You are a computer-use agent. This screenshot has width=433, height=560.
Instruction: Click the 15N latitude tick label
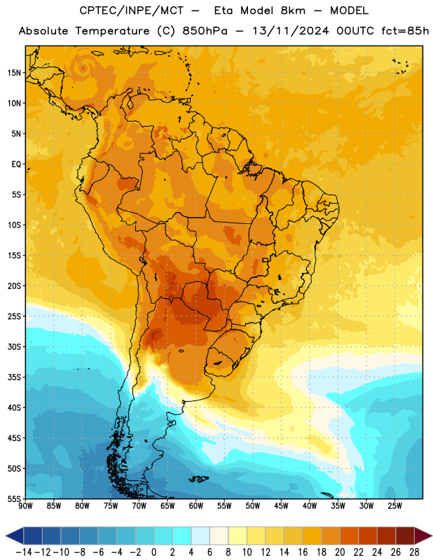14,73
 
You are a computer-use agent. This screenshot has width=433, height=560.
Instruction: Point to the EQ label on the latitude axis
16,164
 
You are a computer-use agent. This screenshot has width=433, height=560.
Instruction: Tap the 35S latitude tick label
14,377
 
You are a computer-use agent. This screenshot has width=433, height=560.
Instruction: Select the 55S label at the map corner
14,498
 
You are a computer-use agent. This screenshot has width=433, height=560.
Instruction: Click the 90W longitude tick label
25,506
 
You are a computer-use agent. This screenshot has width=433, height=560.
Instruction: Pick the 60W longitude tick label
196,506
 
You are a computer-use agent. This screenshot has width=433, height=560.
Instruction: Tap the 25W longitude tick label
394,506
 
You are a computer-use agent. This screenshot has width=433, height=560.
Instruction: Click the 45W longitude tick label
281,506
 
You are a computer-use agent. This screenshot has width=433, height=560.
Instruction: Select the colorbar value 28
414,552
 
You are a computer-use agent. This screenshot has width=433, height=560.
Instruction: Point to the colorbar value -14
24,552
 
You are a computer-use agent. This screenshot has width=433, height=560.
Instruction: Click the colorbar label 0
153,552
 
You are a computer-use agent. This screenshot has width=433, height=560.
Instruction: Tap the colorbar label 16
303,552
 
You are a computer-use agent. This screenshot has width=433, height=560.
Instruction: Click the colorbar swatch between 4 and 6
200,536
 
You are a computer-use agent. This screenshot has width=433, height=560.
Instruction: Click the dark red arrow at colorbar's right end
423,536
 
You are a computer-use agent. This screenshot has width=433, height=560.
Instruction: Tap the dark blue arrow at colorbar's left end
15,536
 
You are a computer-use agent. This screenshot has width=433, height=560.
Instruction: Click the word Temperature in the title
112,31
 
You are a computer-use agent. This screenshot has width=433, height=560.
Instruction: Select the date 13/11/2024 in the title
291,31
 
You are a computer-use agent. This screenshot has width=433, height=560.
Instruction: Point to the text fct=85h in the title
405,31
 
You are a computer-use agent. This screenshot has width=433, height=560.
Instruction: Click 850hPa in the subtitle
205,31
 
